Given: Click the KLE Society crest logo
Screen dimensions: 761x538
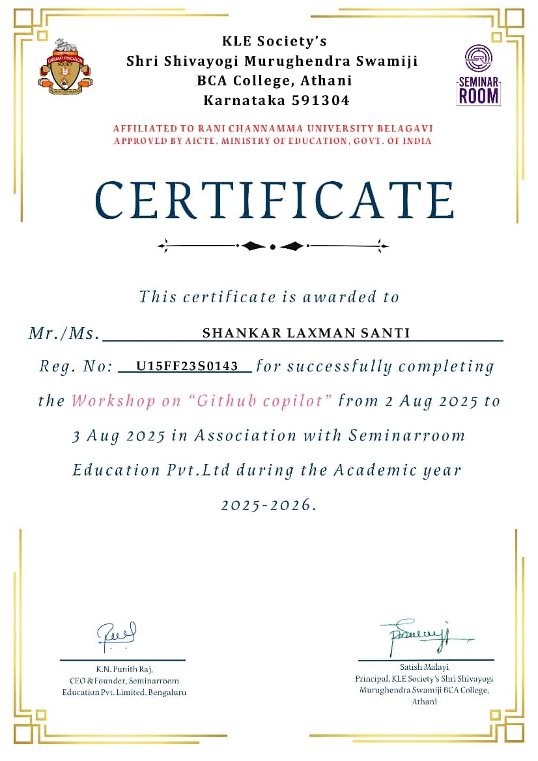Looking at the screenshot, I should click(x=66, y=67).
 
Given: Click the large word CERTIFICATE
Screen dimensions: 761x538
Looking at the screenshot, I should click(x=274, y=200).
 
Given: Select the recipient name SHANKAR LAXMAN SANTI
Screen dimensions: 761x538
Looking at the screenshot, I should click(x=306, y=333).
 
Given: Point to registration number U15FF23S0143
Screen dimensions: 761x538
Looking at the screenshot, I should click(x=187, y=366).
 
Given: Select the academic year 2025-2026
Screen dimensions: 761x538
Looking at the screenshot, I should click(x=268, y=504).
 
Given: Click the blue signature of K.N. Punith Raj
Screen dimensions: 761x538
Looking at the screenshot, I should click(x=117, y=635).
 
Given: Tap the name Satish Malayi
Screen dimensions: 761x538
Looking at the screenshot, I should click(x=424, y=667).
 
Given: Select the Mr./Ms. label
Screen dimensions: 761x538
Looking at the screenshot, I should click(x=64, y=334).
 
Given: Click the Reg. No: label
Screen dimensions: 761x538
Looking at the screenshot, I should click(x=76, y=367).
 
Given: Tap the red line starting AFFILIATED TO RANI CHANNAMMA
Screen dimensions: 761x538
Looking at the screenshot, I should click(x=273, y=128).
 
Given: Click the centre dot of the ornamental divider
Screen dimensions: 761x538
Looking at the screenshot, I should click(x=273, y=246).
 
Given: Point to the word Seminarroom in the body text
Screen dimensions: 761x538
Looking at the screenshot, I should click(x=406, y=435).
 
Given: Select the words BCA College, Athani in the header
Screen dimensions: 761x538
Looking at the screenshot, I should click(x=274, y=81).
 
